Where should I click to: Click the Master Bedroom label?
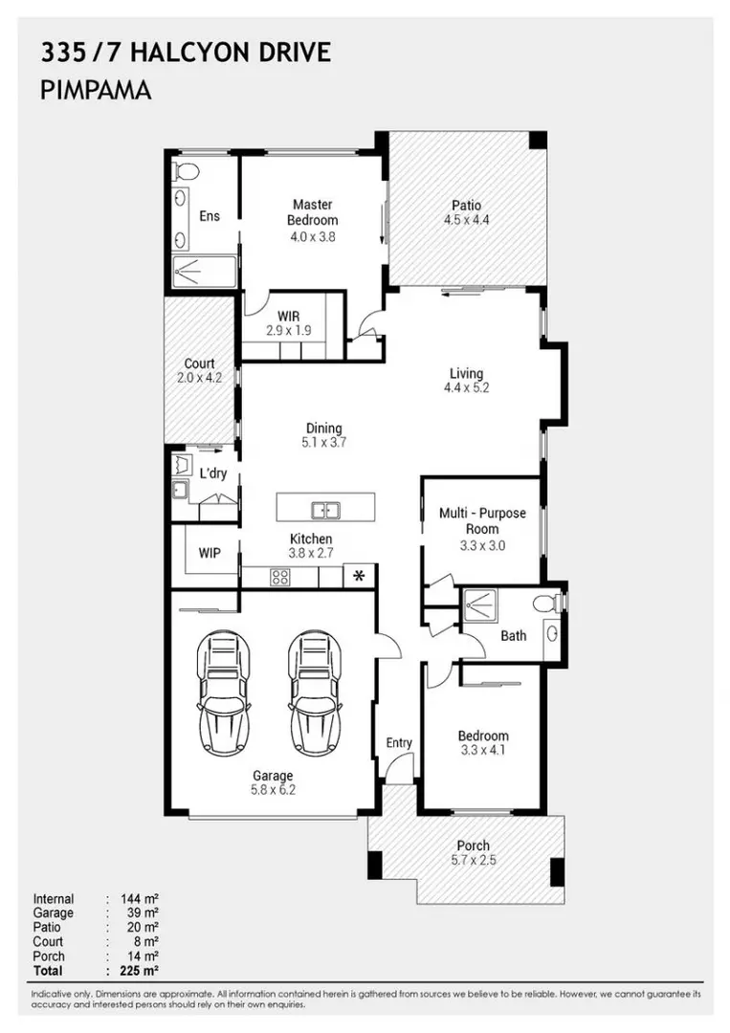point(312,212)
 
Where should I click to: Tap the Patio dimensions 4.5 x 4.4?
point(467,220)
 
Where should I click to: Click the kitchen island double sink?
point(325,508)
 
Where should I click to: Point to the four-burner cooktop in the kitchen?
point(281,577)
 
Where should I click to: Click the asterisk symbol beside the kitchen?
point(359,576)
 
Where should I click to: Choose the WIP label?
point(210,553)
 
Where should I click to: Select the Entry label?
point(399,743)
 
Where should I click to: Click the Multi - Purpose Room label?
point(482,520)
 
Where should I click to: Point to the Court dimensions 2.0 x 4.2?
point(200,378)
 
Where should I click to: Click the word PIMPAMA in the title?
point(97,91)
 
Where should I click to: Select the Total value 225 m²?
point(139,970)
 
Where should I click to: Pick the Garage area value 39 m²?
point(139,913)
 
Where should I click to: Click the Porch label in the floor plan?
point(473,846)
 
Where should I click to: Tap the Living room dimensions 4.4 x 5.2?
point(467,388)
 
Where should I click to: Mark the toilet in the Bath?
point(548,604)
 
